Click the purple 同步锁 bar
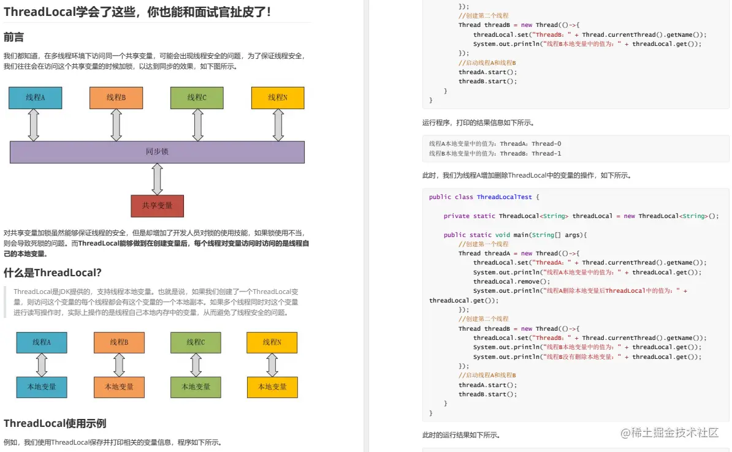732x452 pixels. click(157, 152)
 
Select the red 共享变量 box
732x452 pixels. click(157, 206)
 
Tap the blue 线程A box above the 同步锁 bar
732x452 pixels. click(35, 97)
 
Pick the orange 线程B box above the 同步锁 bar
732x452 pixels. click(116, 97)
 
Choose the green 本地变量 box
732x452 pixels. click(196, 387)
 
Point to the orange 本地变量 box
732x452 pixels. click(119, 387)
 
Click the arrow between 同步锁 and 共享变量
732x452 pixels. click(157, 179)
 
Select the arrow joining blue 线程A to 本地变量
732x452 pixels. click(42, 365)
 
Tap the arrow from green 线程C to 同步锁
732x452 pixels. click(197, 125)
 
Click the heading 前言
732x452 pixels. click(14, 37)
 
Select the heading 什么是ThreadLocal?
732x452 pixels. click(53, 273)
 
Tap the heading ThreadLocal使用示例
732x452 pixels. click(55, 423)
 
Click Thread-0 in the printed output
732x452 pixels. click(547, 144)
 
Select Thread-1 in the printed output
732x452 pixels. click(547, 154)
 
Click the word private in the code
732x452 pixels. click(456, 216)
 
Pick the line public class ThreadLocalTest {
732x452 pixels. click(484, 197)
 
